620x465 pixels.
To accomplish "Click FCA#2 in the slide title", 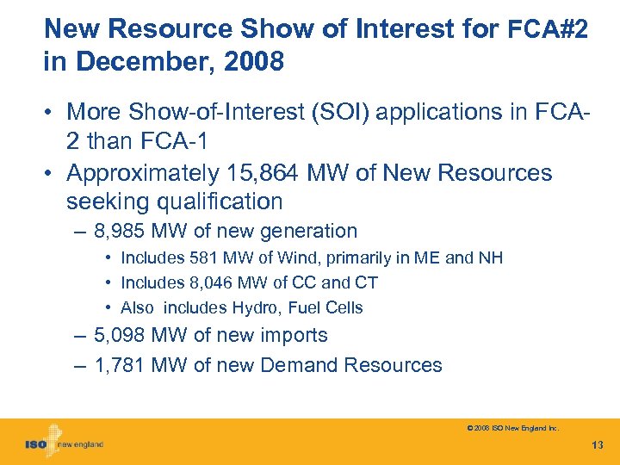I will click(x=549, y=29).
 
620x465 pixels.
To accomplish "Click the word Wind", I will click(x=276, y=258).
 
